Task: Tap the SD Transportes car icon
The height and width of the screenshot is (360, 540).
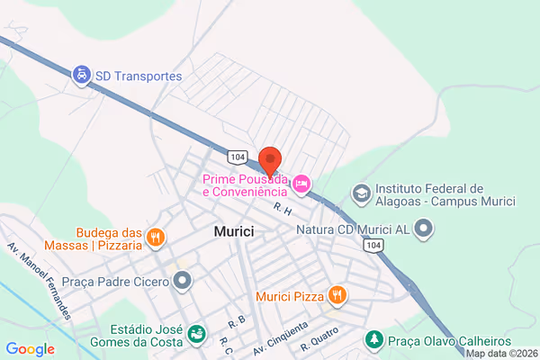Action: pyautogui.click(x=82, y=76)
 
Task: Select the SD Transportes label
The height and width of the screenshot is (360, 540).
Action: pyautogui.click(x=139, y=76)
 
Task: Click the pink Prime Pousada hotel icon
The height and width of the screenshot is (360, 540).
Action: pyautogui.click(x=302, y=184)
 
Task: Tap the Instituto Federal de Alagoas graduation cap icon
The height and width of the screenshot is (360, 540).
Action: pyautogui.click(x=360, y=193)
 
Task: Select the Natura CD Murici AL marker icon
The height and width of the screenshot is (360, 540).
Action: pyautogui.click(x=426, y=229)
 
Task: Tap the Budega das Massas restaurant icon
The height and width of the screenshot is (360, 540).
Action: pyautogui.click(x=155, y=238)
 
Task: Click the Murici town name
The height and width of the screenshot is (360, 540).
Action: pyautogui.click(x=234, y=231)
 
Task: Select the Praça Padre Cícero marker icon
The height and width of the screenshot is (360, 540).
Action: pyautogui.click(x=184, y=283)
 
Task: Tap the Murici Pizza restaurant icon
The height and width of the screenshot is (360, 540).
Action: pyautogui.click(x=337, y=294)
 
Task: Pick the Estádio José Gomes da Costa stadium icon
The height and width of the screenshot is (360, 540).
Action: pyautogui.click(x=194, y=335)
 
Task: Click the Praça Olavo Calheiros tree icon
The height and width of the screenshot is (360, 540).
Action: pyautogui.click(x=373, y=340)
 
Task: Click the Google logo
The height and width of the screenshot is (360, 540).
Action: pyautogui.click(x=30, y=348)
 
